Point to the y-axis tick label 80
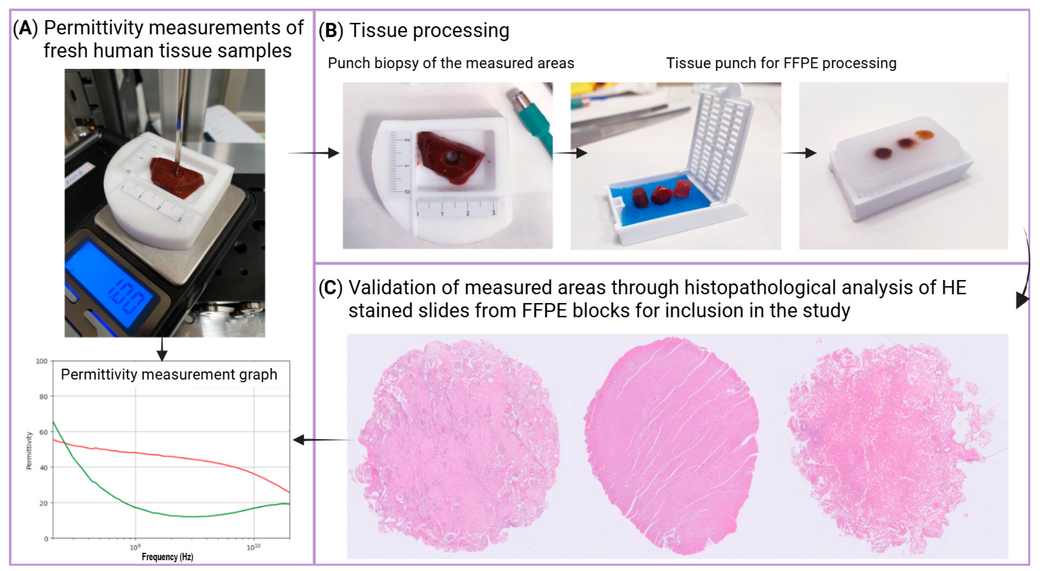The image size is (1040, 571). click(x=43, y=397)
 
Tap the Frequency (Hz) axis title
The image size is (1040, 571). click(x=167, y=557)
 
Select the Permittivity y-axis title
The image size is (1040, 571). click(x=29, y=450)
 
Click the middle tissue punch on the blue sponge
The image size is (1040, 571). click(x=661, y=195)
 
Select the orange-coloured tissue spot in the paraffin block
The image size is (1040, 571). click(x=924, y=134)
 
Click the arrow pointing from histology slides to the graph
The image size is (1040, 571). click(x=323, y=440)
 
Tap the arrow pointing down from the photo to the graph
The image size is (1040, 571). click(x=162, y=349)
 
